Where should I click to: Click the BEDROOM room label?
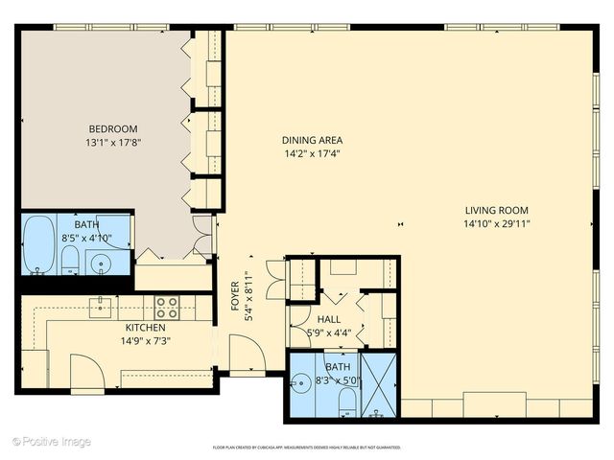pyautogui.click(x=113, y=129)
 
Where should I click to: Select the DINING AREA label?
pyautogui.click(x=312, y=139)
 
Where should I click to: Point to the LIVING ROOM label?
pyautogui.click(x=497, y=211)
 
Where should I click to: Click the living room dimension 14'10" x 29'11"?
pyautogui.click(x=497, y=224)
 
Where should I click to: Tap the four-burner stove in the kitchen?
pyautogui.click(x=167, y=308)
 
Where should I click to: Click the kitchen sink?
pyautogui.click(x=101, y=307)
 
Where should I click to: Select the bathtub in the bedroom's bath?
pyautogui.click(x=39, y=244)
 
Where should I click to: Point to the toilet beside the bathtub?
pyautogui.click(x=70, y=259)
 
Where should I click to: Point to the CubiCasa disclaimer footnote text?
pyautogui.click(x=306, y=447)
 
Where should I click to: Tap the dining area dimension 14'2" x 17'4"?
pyautogui.click(x=312, y=153)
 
